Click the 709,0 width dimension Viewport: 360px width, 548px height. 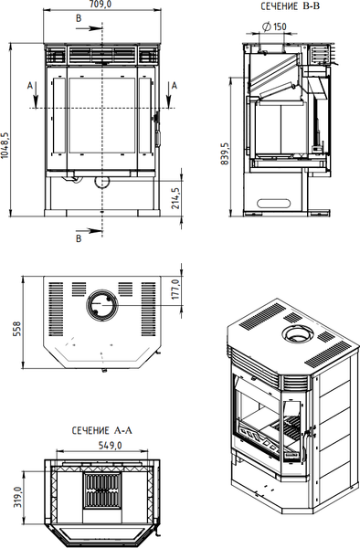[102, 5]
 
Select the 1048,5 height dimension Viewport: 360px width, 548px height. [5, 145]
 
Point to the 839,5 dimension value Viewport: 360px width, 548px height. [225, 153]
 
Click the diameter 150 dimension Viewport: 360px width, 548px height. [274, 26]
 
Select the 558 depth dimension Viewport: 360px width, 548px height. [17, 329]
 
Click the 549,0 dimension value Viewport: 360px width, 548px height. [110, 445]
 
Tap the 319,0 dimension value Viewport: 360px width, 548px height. [18, 498]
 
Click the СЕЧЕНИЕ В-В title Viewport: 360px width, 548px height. [291, 6]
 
